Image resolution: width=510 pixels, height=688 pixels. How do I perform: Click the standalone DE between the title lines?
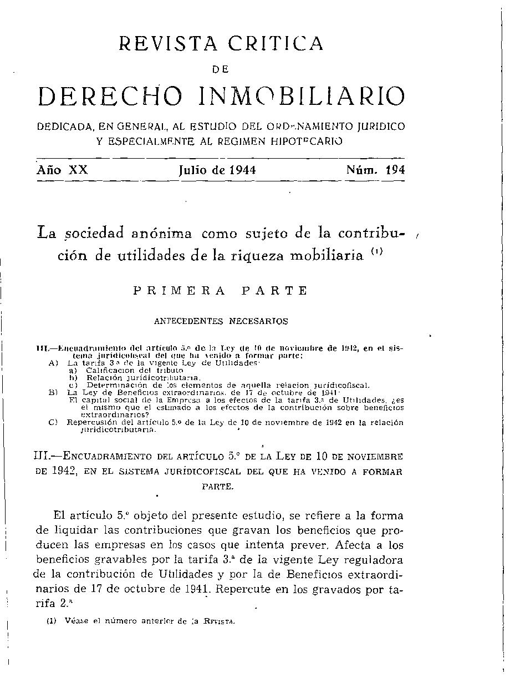coord(221,69)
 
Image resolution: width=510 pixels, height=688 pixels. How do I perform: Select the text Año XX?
coord(63,170)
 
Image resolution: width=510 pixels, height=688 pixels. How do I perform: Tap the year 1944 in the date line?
coord(239,170)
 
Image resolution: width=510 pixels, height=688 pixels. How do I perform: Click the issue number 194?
coord(395,170)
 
